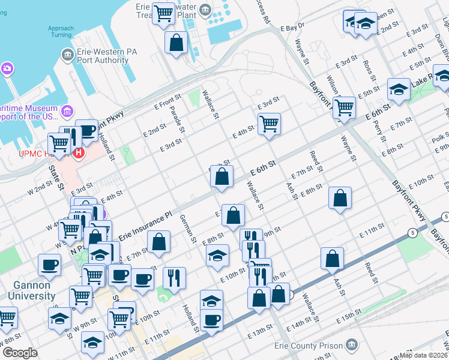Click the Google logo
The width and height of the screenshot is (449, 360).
pyautogui.click(x=19, y=353)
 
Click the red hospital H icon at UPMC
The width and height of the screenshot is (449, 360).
pyautogui.click(x=78, y=154)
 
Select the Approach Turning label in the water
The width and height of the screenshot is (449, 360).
pyautogui.click(x=61, y=32)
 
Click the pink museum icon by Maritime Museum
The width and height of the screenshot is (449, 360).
pyautogui.click(x=67, y=112)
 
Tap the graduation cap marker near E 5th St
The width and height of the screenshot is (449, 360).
pyautogui.click(x=398, y=89)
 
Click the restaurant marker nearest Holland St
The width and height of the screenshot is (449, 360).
pyautogui.click(x=173, y=277)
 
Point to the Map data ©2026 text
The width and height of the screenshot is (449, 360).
pyautogui.click(x=423, y=355)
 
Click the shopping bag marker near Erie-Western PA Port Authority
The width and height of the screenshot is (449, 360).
pyautogui.click(x=176, y=43)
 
